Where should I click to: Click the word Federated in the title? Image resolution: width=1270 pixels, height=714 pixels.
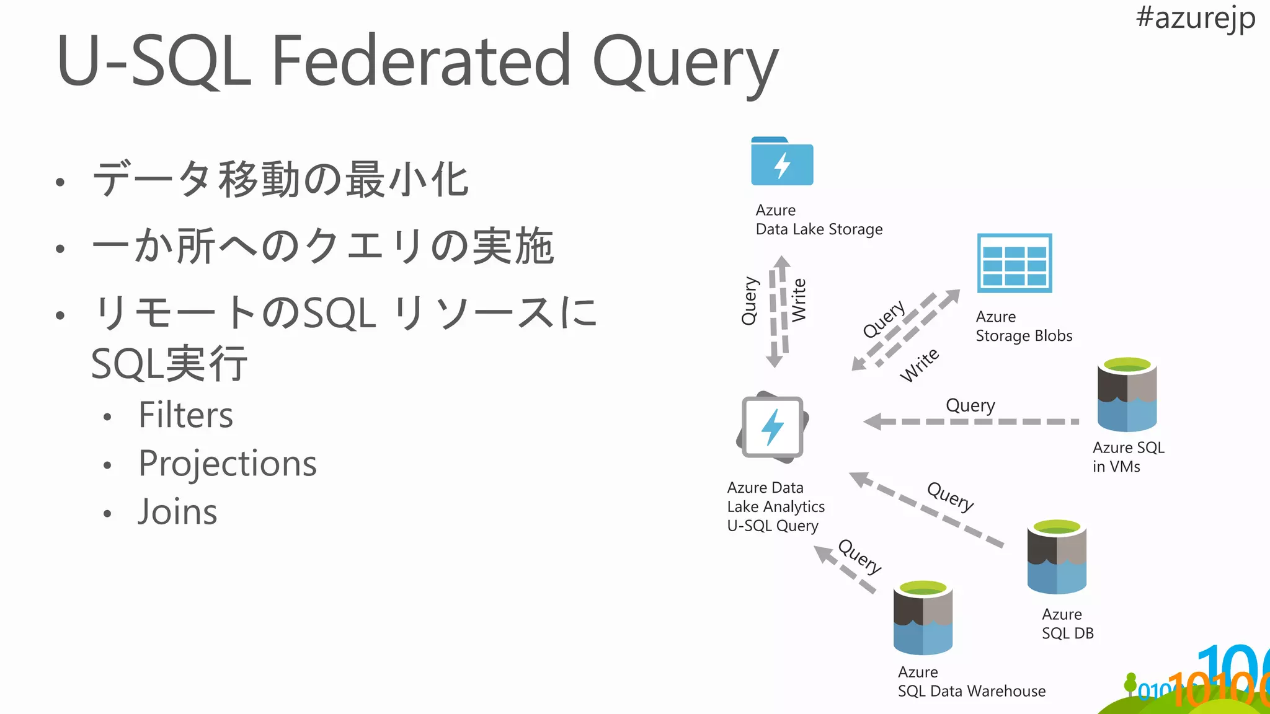pyautogui.click(x=421, y=61)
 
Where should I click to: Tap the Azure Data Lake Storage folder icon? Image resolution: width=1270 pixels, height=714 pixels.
pyautogui.click(x=782, y=162)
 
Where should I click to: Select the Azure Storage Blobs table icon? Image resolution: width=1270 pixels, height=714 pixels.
pyautogui.click(x=1015, y=263)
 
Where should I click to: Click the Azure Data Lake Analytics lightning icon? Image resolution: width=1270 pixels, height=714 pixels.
pyautogui.click(x=773, y=428)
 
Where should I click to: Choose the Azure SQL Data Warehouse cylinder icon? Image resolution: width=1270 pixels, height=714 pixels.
pyautogui.click(x=923, y=617)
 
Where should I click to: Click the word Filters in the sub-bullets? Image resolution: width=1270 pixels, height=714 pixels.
pyautogui.click(x=185, y=415)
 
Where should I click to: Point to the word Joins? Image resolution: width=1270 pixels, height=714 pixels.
pyautogui.click(x=177, y=512)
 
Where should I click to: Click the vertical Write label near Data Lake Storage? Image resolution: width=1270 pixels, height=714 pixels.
pyautogui.click(x=799, y=299)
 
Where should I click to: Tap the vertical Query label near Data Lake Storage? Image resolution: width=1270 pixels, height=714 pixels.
pyautogui.click(x=749, y=301)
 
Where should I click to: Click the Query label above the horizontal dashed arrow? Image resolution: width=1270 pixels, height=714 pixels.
pyautogui.click(x=970, y=405)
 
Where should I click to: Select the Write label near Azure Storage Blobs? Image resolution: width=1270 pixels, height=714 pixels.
pyautogui.click(x=920, y=365)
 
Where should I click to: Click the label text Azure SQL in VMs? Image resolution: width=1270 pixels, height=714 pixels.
pyautogui.click(x=1128, y=457)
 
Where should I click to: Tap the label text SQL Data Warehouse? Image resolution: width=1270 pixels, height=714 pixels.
pyautogui.click(x=971, y=691)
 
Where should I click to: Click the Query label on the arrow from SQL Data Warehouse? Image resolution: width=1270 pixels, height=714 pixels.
pyautogui.click(x=859, y=557)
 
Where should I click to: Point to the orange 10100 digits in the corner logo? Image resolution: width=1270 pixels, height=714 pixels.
pyautogui.click(x=1215, y=688)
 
